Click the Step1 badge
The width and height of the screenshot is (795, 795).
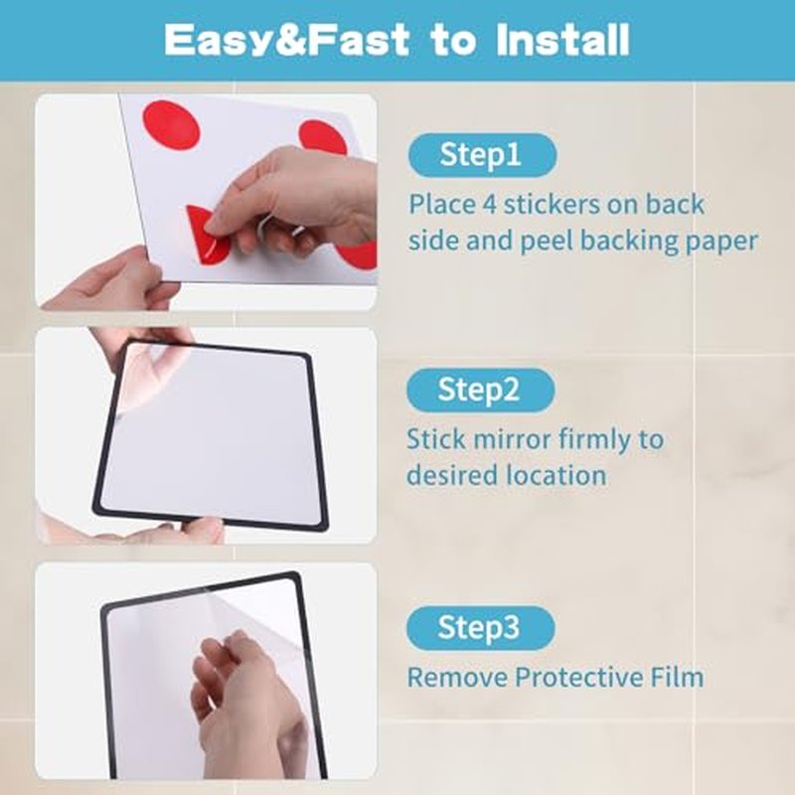[482, 155]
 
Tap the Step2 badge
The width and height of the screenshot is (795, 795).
[481, 390]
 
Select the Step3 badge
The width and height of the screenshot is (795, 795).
[481, 628]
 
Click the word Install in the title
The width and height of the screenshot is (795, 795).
[562, 40]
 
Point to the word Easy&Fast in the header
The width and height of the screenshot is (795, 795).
[287, 41]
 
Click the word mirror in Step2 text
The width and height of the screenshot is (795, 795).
[507, 439]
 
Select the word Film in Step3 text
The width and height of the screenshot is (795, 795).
[678, 678]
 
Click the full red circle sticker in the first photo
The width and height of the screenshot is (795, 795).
[171, 125]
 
